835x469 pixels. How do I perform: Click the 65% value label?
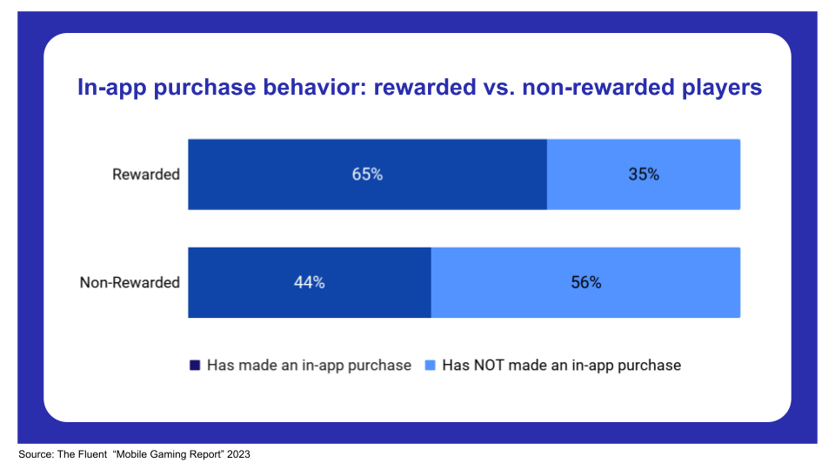367,175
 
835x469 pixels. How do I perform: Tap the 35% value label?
644,175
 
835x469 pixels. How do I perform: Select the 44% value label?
309,282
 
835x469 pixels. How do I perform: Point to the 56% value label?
585,282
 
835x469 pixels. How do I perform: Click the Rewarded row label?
146,175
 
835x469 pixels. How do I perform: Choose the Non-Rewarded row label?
130,282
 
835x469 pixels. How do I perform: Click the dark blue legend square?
195,366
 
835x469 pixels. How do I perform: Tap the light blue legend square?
431,366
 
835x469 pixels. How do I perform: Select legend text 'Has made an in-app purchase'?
309,366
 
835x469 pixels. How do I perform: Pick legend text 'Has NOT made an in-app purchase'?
561,366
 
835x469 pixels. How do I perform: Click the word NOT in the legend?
492,366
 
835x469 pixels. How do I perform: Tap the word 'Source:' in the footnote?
36,454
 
